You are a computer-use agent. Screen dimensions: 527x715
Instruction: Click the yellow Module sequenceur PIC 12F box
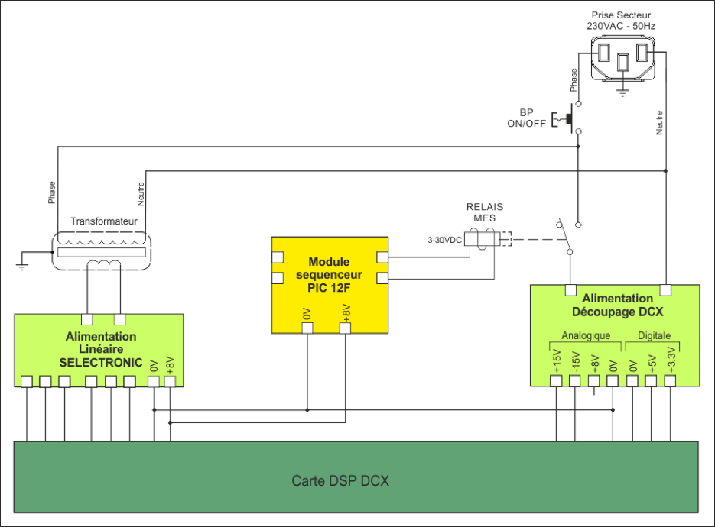coord(331,284)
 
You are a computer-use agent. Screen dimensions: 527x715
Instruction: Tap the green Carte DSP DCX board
coord(356,480)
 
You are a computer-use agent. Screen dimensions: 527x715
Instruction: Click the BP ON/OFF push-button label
coord(527,118)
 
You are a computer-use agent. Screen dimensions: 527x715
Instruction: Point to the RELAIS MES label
coord(486,212)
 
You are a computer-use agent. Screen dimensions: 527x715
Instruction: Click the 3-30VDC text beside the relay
coord(444,240)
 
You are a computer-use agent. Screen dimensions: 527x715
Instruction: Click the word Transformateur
coord(103,221)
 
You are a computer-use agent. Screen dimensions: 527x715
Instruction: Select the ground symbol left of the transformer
coord(23,263)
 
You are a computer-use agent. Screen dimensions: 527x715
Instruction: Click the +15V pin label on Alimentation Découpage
coord(556,361)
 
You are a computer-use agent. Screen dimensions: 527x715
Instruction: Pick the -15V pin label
coord(576,361)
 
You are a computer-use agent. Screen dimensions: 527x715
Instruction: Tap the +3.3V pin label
coord(671,360)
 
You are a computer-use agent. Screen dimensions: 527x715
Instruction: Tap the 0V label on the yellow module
coord(307,314)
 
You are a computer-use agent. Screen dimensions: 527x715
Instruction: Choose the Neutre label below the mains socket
coord(660,123)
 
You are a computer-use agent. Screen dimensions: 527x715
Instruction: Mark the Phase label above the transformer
coord(51,193)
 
